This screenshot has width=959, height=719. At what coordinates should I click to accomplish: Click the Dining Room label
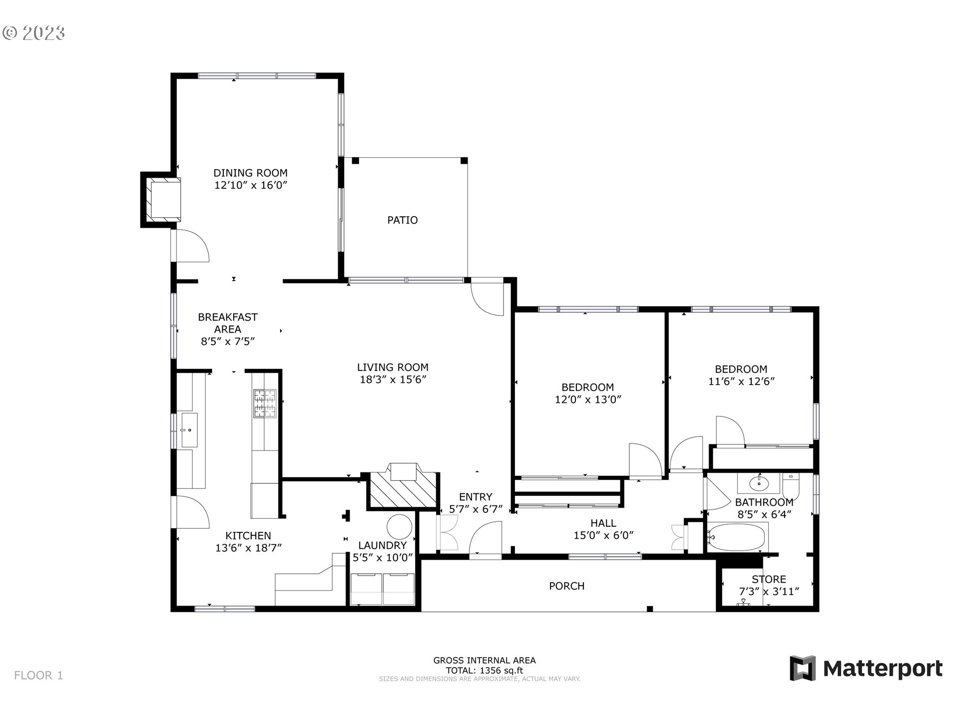[x=250, y=173]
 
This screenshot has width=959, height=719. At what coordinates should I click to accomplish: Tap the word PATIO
[x=403, y=220]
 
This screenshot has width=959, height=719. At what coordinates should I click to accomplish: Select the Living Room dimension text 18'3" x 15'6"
[x=393, y=379]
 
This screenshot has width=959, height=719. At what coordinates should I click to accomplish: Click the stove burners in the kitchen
[x=265, y=403]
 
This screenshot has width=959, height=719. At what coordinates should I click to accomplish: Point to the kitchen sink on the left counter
[x=189, y=430]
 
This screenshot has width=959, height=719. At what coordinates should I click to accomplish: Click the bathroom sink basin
[x=759, y=483]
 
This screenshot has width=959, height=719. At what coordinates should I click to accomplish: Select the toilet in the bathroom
[x=791, y=485]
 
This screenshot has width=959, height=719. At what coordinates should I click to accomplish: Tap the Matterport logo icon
[x=802, y=668]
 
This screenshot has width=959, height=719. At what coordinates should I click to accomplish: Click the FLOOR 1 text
[x=38, y=676]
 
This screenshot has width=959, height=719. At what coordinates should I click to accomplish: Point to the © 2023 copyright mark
[x=33, y=33]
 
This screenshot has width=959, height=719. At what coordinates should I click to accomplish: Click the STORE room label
[x=769, y=579]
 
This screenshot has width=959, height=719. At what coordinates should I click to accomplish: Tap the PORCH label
[x=566, y=586]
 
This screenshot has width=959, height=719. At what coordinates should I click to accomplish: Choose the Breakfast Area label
[x=228, y=323]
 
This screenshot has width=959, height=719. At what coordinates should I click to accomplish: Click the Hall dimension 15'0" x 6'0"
[x=603, y=536]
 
